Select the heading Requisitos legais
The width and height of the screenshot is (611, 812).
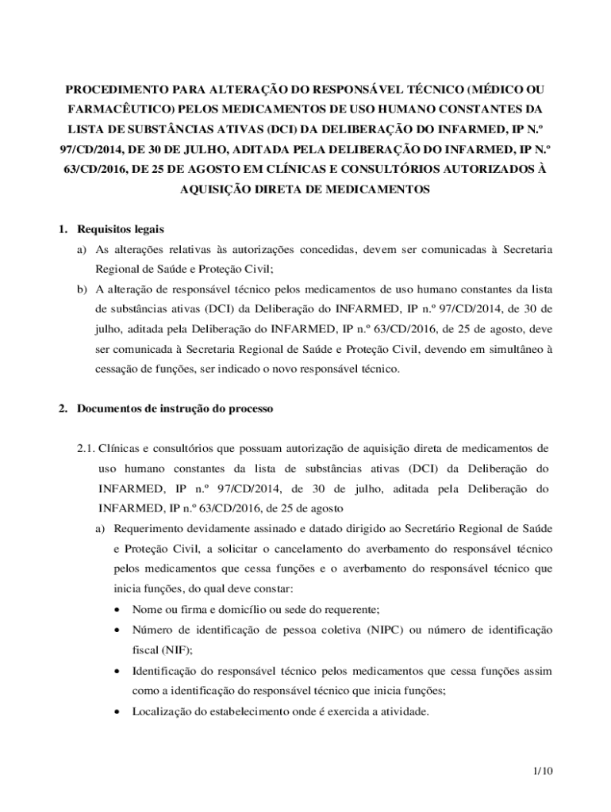pyautogui.click(x=121, y=230)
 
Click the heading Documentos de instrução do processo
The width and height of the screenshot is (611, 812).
pyautogui.click(x=175, y=409)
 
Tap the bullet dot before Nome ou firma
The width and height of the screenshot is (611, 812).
pyautogui.click(x=118, y=610)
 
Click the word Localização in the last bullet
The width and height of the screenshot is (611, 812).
pyautogui.click(x=163, y=710)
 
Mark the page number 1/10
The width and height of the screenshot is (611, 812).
pyautogui.click(x=543, y=771)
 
